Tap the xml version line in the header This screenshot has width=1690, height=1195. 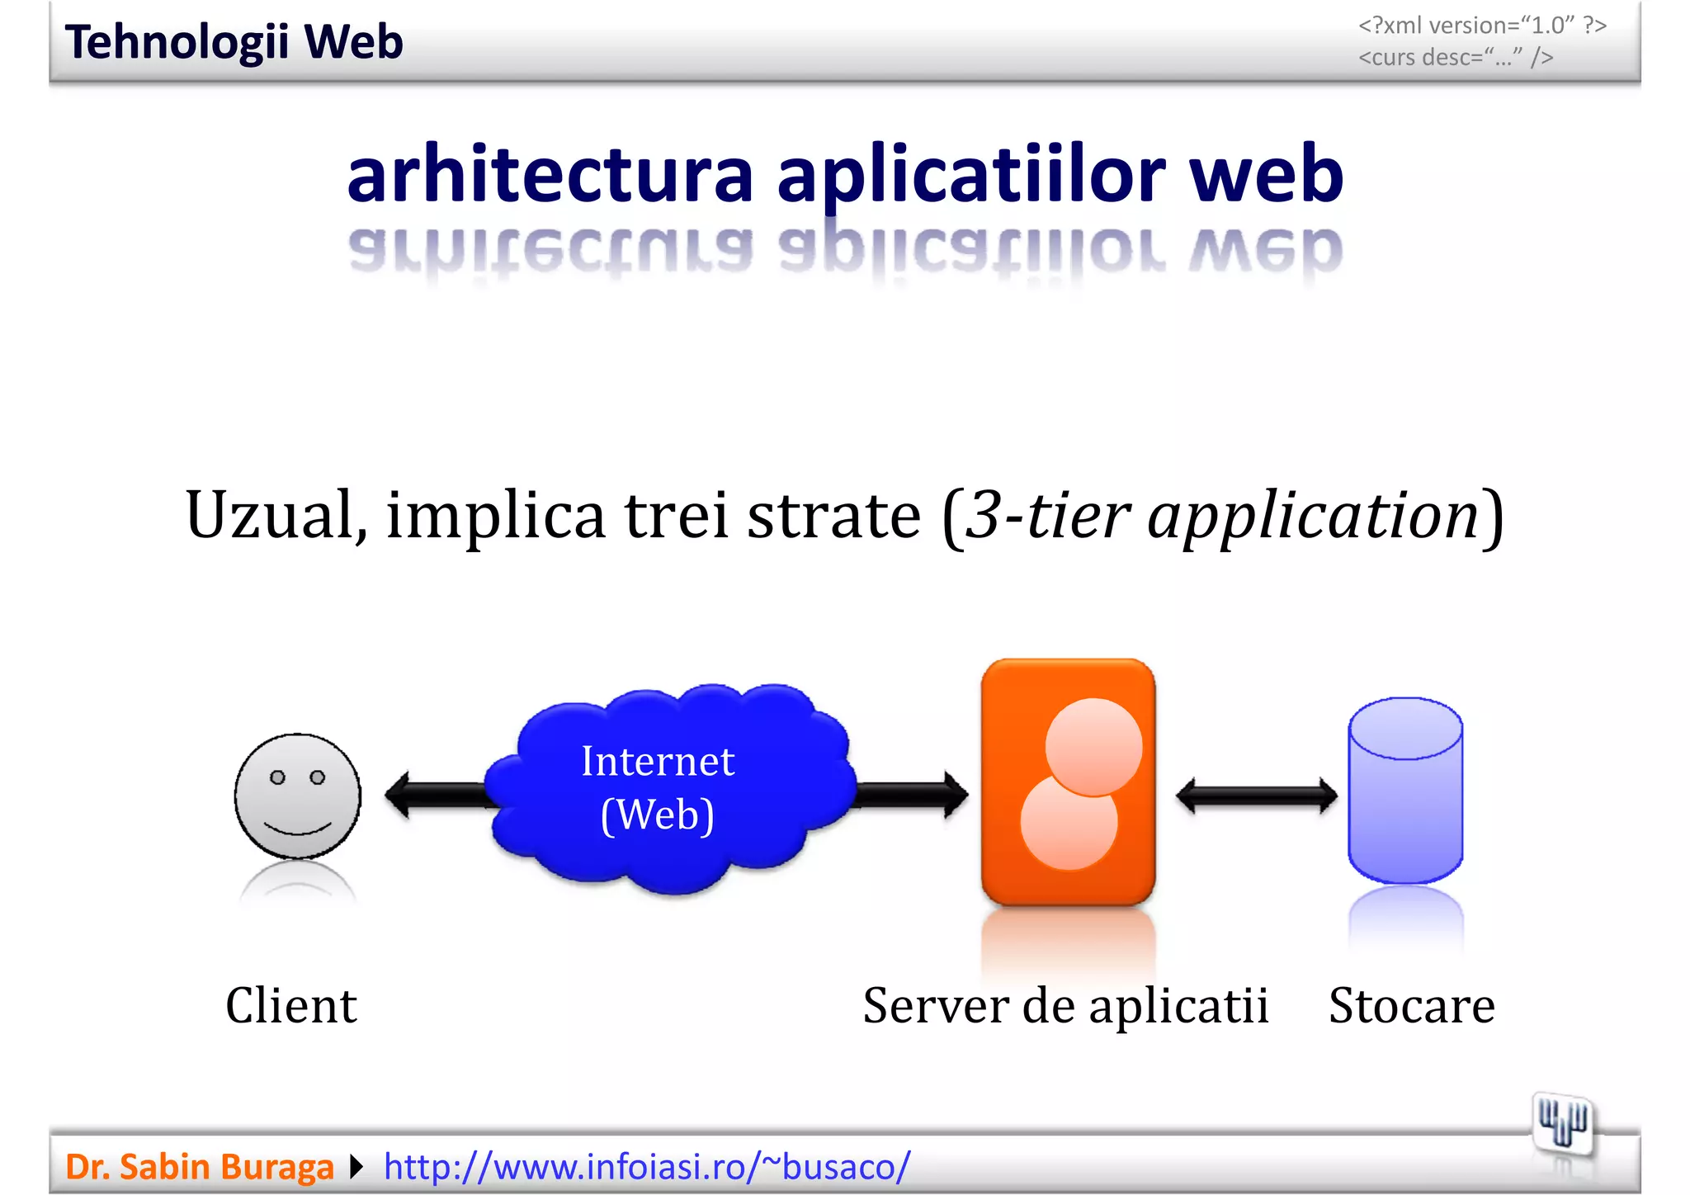click(x=1482, y=26)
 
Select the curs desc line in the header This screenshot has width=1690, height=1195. click(x=1456, y=57)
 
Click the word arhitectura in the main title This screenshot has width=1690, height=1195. click(x=550, y=175)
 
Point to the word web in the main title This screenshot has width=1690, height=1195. click(x=1266, y=175)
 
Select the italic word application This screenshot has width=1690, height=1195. click(x=1313, y=517)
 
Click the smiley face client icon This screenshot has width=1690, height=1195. click(x=298, y=796)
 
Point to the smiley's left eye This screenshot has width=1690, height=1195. click(x=278, y=777)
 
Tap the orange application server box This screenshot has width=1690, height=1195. click(x=1068, y=782)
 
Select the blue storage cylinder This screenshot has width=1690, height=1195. click(x=1405, y=790)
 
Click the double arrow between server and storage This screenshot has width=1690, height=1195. click(x=1256, y=796)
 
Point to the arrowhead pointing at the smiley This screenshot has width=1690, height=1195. click(x=399, y=795)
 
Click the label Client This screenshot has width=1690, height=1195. click(x=291, y=1005)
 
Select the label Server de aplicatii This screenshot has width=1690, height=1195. click(x=1065, y=1005)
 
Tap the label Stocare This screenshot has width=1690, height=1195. click(x=1411, y=1005)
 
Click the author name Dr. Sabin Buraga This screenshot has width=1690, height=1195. click(x=199, y=1167)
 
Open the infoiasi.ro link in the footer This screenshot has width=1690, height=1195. click(x=647, y=1167)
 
